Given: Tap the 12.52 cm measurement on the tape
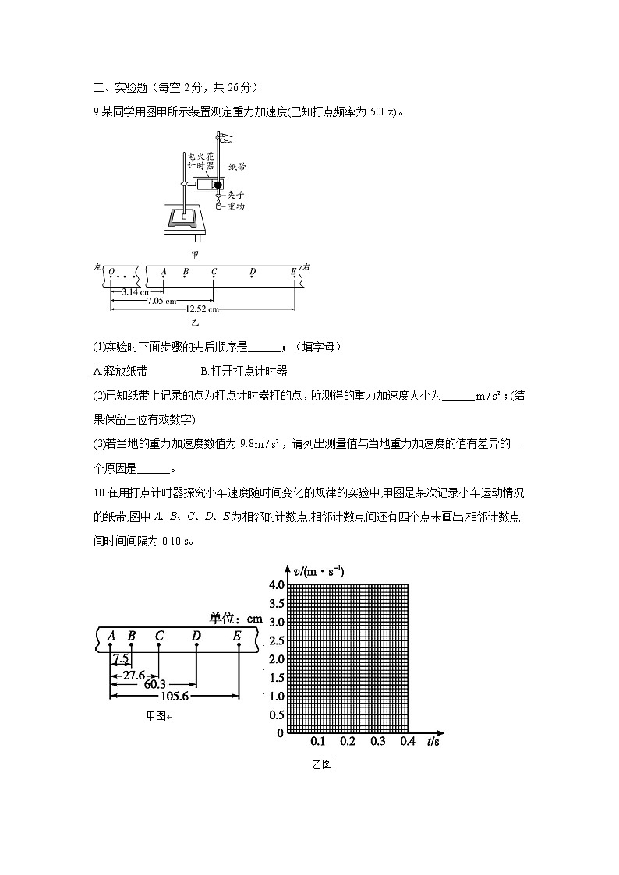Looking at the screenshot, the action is (x=202, y=309).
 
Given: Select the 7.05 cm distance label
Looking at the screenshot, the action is (x=161, y=300).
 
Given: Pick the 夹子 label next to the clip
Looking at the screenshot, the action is (x=236, y=195).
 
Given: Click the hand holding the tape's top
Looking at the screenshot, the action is (x=225, y=139).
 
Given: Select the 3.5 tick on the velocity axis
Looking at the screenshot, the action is (x=276, y=603).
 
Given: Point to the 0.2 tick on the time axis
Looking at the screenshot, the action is (x=347, y=742).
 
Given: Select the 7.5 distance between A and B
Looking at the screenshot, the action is (x=120, y=658).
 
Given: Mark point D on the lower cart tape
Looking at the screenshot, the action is (x=196, y=637).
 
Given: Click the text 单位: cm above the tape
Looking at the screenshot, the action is (x=236, y=619).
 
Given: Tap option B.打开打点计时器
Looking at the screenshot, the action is (x=244, y=371).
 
